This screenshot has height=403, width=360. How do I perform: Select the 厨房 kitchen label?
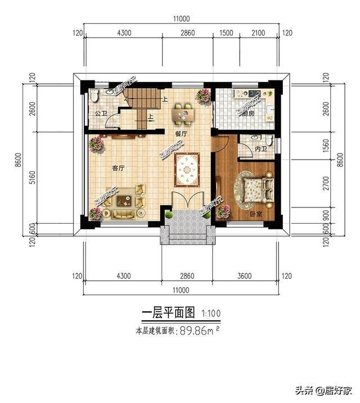point(249,113)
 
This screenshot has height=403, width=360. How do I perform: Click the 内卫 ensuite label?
point(260,150)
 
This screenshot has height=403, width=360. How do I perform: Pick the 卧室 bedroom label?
point(256,214)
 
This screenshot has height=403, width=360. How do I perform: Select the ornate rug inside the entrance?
point(186,169)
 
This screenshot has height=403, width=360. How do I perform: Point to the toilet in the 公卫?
point(94,97)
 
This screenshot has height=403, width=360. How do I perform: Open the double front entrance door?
point(185,201)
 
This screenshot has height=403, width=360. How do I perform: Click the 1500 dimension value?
point(227,33)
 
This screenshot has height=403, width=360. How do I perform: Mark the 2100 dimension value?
point(258,33)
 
